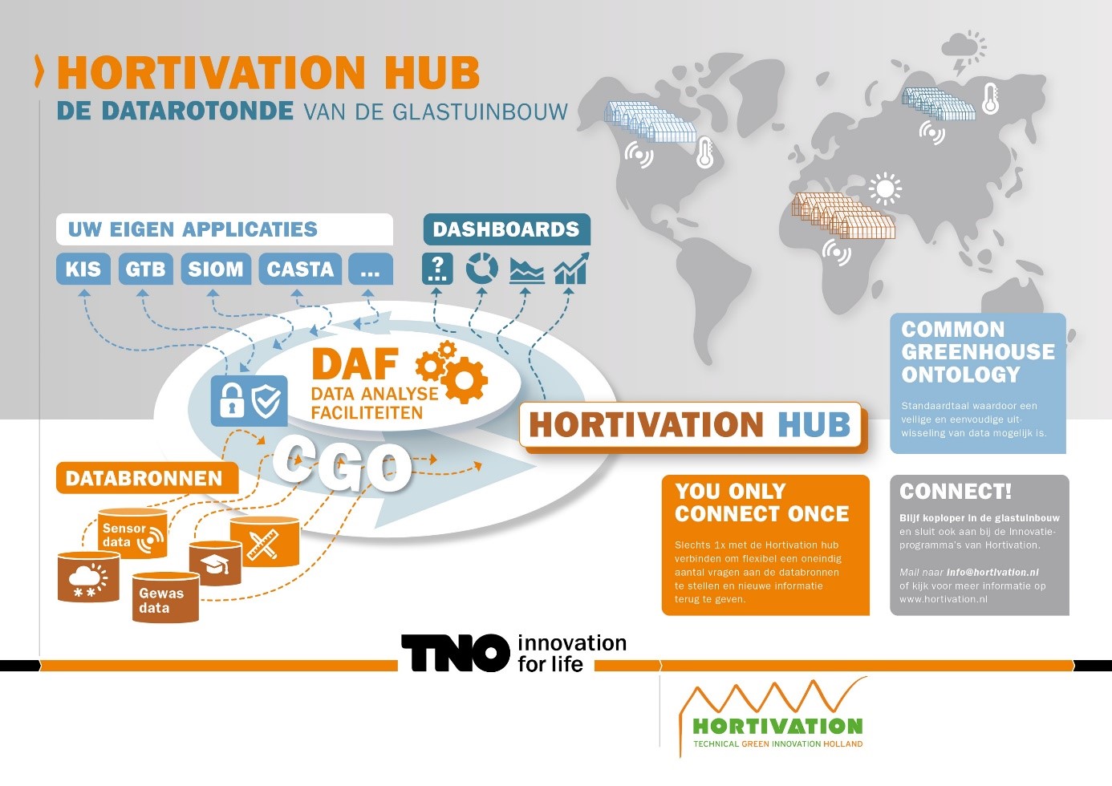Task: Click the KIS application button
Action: click(83, 269)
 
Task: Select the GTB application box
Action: click(145, 269)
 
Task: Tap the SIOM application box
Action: click(216, 269)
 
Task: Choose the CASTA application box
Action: click(300, 269)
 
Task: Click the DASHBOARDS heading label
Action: click(506, 229)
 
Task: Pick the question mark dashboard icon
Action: click(437, 269)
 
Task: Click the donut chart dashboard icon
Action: click(481, 269)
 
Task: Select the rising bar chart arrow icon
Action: click(571, 269)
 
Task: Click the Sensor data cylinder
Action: click(132, 533)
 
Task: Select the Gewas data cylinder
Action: click(165, 598)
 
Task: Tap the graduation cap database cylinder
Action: click(216, 563)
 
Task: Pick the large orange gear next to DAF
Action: click(464, 379)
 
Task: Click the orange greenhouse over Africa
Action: click(843, 216)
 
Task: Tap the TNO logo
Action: click(456, 653)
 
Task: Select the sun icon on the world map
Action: click(885, 189)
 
